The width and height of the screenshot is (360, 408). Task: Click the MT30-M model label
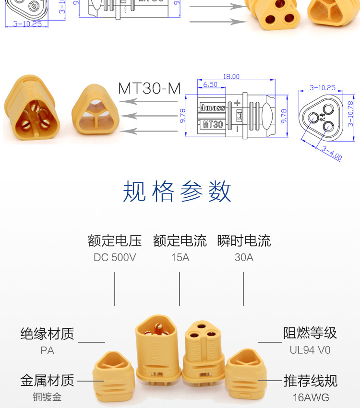coord(149,88)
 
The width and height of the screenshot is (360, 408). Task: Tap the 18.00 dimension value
coord(231,77)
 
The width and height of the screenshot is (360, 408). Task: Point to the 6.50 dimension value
coord(210,84)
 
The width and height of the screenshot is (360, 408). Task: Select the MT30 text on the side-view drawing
coord(212,124)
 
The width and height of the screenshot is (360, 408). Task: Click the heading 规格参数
coord(177,192)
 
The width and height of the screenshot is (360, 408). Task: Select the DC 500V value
coord(115,257)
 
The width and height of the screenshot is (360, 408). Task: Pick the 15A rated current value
coord(180,257)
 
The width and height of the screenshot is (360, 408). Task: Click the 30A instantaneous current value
coord(244,257)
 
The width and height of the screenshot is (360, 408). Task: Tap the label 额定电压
coord(115,240)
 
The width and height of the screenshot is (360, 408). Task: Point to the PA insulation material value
coord(47,350)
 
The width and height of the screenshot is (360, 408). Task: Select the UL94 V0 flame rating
coord(310,350)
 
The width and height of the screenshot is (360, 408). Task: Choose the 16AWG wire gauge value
coord(311,397)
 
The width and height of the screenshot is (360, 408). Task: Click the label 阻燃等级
coord(310,333)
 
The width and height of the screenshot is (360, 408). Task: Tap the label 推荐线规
coord(311,381)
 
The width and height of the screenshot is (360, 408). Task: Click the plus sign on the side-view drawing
coord(236,103)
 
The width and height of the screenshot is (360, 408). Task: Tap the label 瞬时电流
coord(244,240)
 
